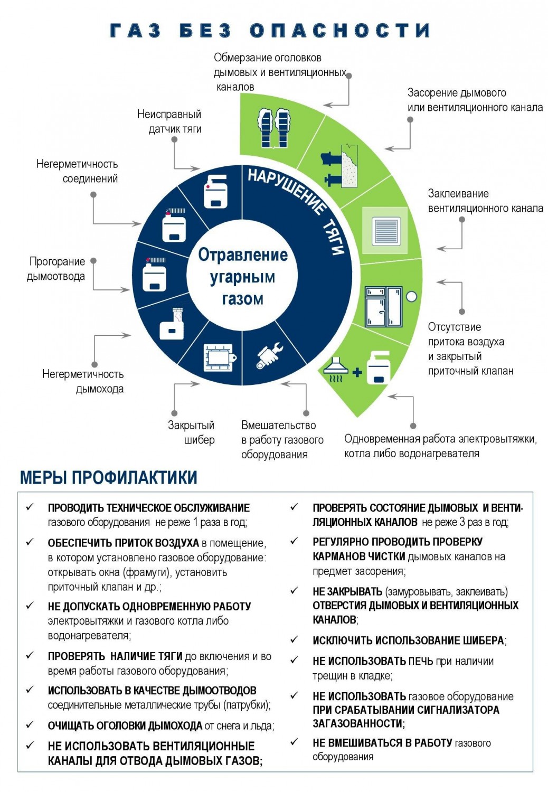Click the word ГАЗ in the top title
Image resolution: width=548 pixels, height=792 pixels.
pyautogui.click(x=135, y=31)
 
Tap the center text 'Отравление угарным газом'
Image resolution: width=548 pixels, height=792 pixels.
pyautogui.click(x=242, y=277)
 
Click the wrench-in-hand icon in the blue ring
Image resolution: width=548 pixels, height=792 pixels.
pyautogui.click(x=270, y=355)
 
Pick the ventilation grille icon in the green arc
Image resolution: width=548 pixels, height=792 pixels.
pyautogui.click(x=385, y=231)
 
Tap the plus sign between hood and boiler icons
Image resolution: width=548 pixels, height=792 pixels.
pyautogui.click(x=357, y=372)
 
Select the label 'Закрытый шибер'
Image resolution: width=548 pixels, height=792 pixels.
pyautogui.click(x=191, y=432)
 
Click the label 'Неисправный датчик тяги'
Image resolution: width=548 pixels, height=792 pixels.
pyautogui.click(x=169, y=121)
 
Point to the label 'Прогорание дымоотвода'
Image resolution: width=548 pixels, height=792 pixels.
pyautogui.click(x=56, y=269)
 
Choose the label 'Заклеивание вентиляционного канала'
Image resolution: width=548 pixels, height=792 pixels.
pyautogui.click(x=485, y=201)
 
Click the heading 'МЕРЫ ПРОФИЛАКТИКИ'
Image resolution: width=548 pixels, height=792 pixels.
pyautogui.click(x=109, y=477)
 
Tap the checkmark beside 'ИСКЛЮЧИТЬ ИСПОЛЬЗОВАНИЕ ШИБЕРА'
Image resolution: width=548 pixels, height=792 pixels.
pyautogui.click(x=294, y=639)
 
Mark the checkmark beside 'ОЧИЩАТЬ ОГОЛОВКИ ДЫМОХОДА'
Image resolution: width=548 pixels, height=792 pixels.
pyautogui.click(x=30, y=725)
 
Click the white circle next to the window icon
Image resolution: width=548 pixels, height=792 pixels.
pyautogui.click(x=411, y=296)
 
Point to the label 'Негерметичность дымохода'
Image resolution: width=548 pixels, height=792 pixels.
pyautogui.click(x=83, y=382)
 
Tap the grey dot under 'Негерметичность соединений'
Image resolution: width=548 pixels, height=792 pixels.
pyautogui.click(x=93, y=195)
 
